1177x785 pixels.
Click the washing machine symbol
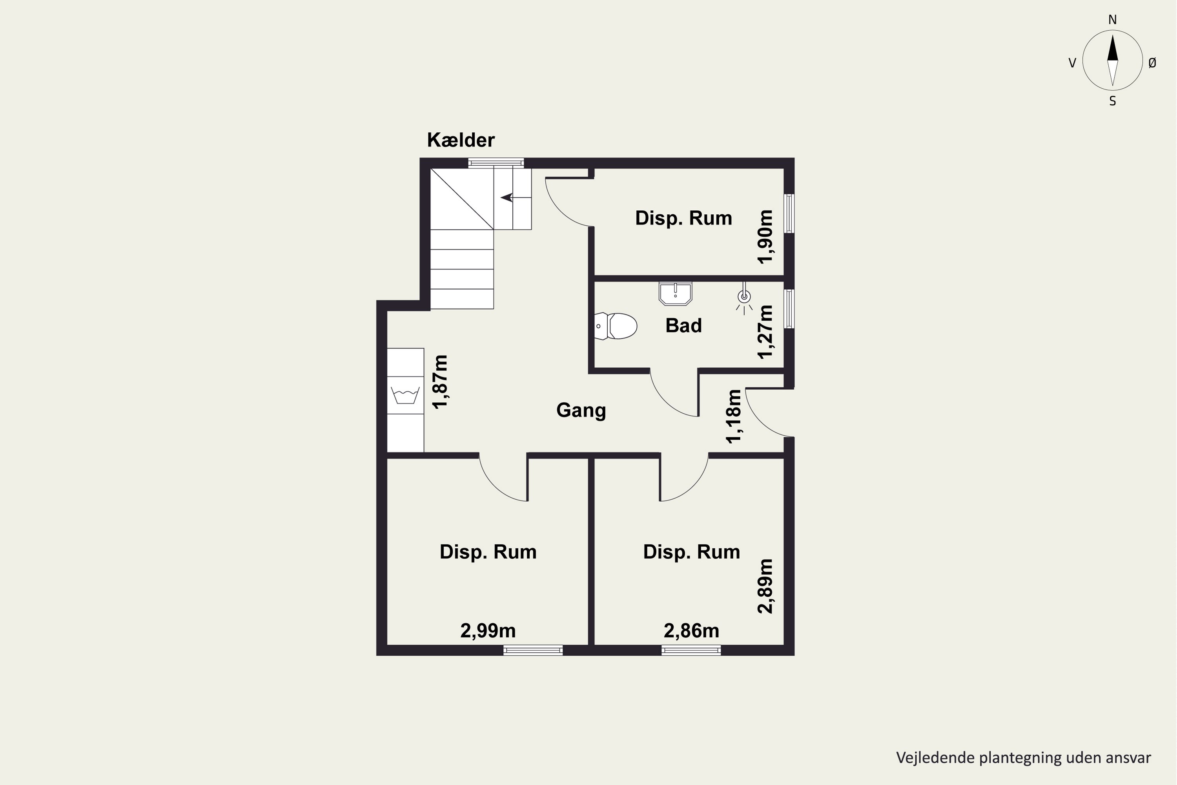pyautogui.click(x=405, y=395)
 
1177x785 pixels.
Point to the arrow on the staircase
pyautogui.click(x=507, y=197)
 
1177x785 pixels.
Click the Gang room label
pyautogui.click(x=581, y=411)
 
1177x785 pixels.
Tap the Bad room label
pyautogui.click(x=683, y=326)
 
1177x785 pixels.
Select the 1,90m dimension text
pyautogui.click(x=766, y=237)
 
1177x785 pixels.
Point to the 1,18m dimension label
pyautogui.click(x=734, y=416)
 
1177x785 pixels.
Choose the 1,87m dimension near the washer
pyautogui.click(x=440, y=382)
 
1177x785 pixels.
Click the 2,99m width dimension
pyautogui.click(x=488, y=631)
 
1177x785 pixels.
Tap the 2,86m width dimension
pyautogui.click(x=692, y=631)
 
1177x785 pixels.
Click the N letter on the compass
pyautogui.click(x=1112, y=20)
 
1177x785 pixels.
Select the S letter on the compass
pyautogui.click(x=1112, y=101)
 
